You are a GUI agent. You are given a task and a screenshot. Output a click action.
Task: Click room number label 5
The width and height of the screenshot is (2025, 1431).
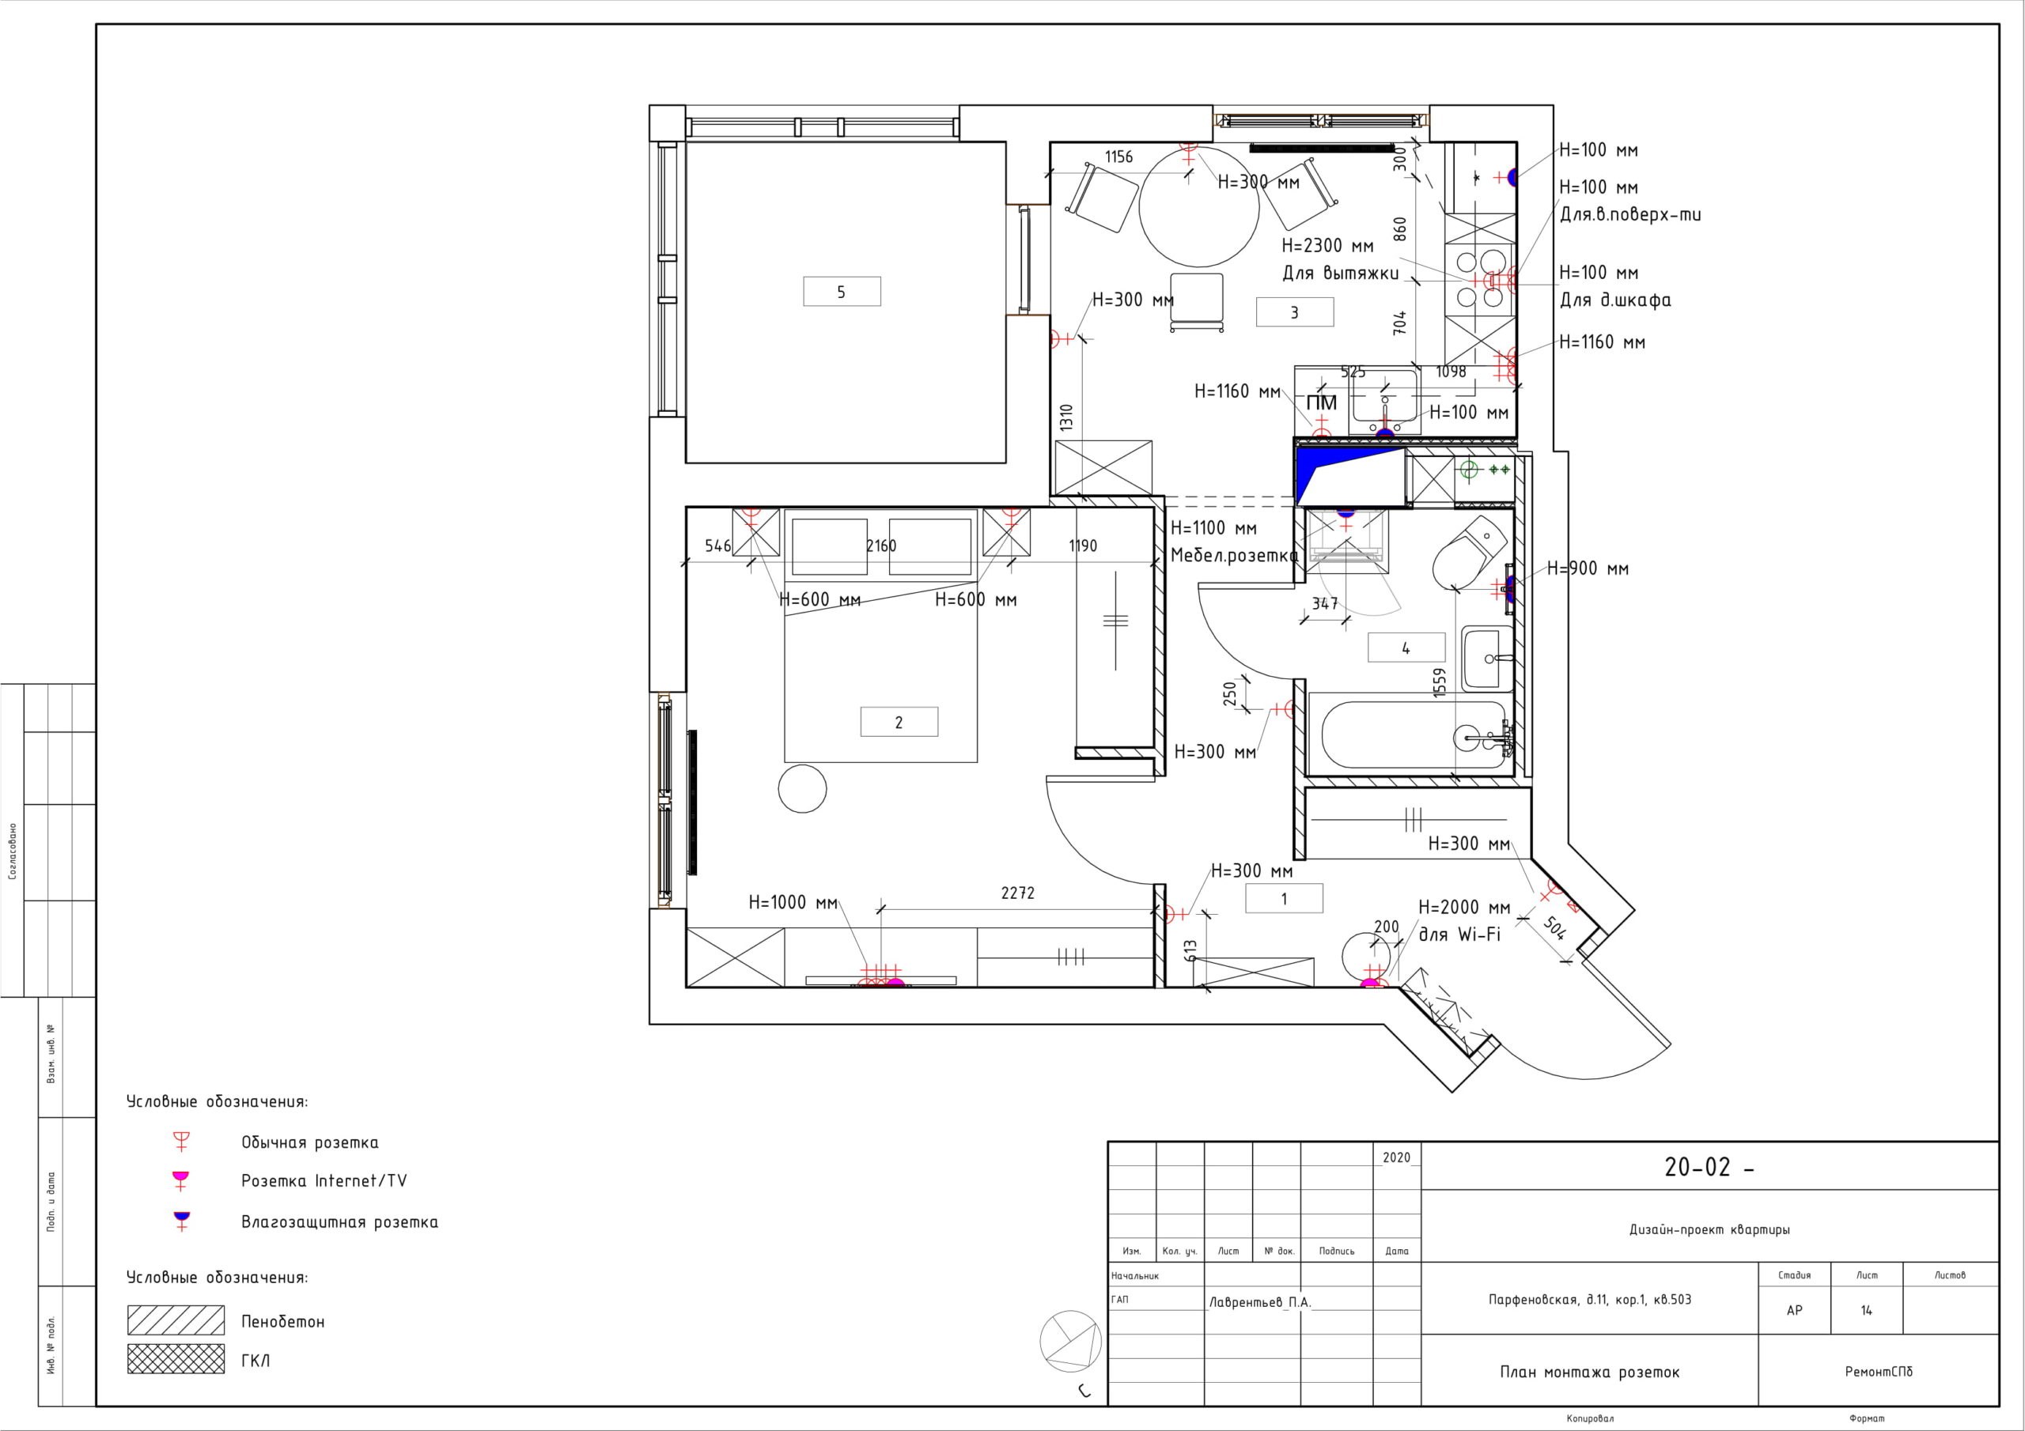coord(842,292)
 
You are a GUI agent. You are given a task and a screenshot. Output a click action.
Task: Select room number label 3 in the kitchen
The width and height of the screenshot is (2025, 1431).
coord(1294,312)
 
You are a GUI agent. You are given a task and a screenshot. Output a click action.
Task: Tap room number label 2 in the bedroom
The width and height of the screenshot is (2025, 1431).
coord(899,722)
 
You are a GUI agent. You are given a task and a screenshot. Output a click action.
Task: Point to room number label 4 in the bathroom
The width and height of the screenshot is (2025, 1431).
coord(1406,648)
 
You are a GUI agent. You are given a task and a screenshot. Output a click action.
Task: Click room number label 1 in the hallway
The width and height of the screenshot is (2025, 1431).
coord(1284,898)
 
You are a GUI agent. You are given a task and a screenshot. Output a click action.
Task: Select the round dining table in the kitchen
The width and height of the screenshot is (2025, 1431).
coord(1198,206)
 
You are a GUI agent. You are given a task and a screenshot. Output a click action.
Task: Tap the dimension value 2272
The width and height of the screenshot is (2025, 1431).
coord(1018,893)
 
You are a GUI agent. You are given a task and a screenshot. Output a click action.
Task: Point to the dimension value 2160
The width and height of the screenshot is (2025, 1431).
coord(881,546)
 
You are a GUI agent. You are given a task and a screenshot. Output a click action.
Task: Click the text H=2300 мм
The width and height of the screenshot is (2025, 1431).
coord(1327,246)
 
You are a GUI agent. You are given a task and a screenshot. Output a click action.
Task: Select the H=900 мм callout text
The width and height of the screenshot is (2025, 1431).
coord(1588,568)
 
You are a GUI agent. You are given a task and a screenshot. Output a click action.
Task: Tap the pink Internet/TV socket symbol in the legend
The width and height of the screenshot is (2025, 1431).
coord(181,1180)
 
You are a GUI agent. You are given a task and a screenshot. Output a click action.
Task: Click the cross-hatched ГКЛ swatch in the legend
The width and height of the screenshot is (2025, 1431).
coord(176,1360)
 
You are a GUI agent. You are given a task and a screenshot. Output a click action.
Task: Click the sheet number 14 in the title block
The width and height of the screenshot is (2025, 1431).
coord(1866,1310)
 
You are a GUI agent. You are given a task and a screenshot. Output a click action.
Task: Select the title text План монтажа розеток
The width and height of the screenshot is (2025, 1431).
coord(1589,1372)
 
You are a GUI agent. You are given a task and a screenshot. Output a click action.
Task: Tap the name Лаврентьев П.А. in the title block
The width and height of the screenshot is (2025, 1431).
coord(1260,1302)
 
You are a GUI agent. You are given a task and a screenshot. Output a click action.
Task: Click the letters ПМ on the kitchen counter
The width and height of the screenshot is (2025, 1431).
coord(1322,403)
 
